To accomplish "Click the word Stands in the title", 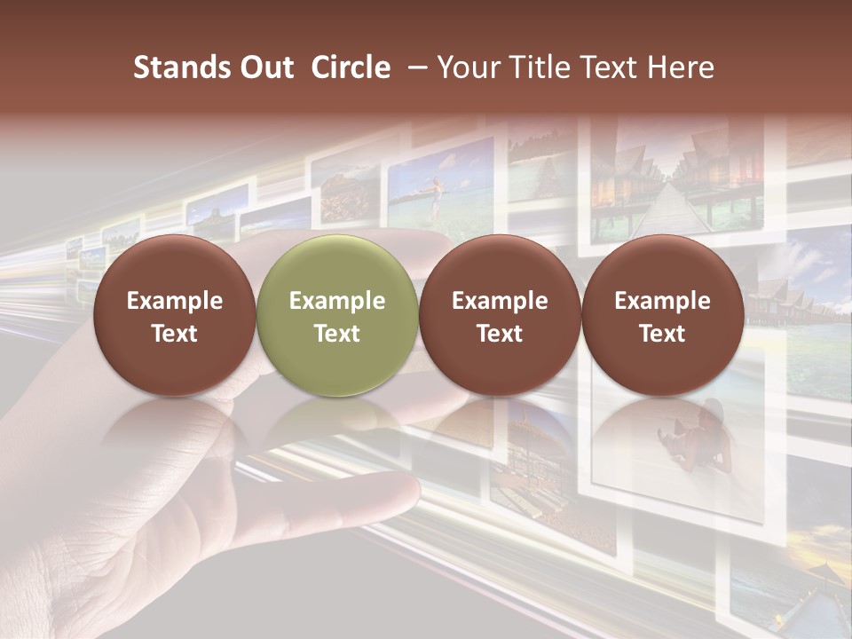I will [x=177, y=67].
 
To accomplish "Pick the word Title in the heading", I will [x=540, y=67].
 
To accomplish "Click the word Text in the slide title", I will [x=608, y=67].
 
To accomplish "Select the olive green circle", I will [x=337, y=316].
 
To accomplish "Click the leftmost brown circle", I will [x=175, y=316].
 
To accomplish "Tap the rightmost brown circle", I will [x=662, y=316].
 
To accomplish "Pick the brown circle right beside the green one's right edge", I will [x=500, y=316].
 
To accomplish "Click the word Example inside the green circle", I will [x=337, y=301].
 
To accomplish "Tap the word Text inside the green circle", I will [x=337, y=334].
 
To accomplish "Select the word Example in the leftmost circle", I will [x=175, y=301].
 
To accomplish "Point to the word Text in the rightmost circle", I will [x=662, y=334].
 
